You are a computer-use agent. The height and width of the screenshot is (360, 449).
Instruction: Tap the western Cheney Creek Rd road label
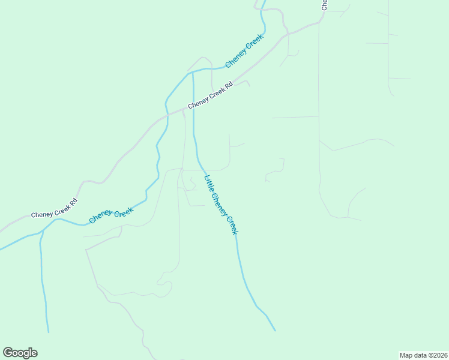click(x=55, y=208)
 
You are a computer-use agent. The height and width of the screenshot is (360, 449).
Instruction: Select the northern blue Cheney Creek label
click(x=244, y=51)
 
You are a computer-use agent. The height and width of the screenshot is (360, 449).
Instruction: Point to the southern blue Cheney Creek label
click(x=111, y=215)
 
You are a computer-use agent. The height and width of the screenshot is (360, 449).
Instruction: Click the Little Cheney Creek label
click(x=221, y=204)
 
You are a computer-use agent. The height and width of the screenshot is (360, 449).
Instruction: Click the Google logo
click(x=20, y=353)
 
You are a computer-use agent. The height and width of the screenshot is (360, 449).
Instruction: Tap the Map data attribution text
click(x=423, y=355)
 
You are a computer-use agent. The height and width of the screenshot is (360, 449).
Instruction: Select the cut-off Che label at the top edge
click(x=324, y=5)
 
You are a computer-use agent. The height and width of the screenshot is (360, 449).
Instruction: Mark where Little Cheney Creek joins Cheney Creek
click(x=192, y=73)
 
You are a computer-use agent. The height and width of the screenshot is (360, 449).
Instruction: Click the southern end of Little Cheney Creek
click(x=275, y=330)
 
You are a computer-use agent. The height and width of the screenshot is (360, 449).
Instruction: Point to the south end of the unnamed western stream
click(x=48, y=332)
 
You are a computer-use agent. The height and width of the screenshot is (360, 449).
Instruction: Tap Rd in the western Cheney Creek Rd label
click(x=73, y=202)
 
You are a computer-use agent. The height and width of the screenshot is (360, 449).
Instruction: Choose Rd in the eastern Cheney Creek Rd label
click(x=228, y=86)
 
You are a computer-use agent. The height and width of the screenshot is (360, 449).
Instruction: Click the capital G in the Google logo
click(x=8, y=353)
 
